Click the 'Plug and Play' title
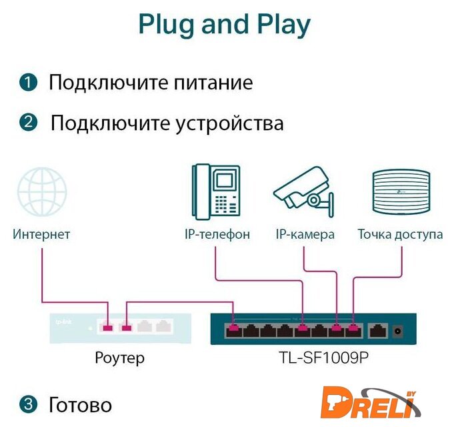225,24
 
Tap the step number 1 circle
28,83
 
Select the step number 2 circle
28,123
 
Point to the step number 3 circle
28,404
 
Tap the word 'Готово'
80,404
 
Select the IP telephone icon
216,191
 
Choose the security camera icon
303,191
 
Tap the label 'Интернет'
41,234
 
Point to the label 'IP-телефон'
217,234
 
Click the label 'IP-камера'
305,234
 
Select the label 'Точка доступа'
400,234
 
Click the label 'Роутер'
119,358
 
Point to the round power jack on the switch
399,330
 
